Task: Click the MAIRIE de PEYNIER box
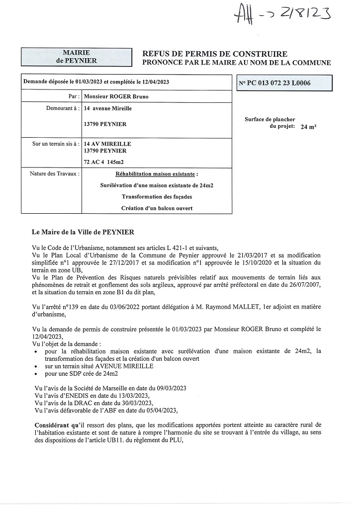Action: [77, 57]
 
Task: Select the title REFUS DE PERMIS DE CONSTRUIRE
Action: [215, 54]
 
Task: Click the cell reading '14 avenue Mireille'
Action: [108, 108]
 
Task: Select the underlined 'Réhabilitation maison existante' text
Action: [156, 174]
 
